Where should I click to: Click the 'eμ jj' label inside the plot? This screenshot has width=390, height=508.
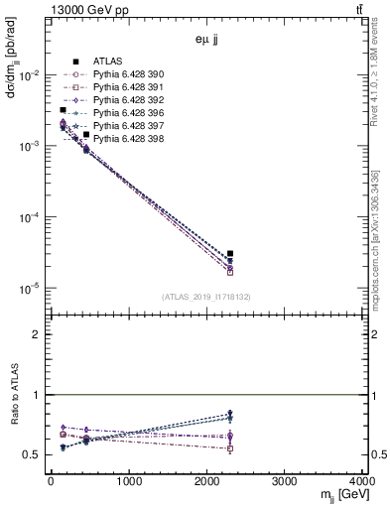coord(206,41)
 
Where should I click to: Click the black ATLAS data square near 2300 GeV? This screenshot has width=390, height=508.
coord(230,254)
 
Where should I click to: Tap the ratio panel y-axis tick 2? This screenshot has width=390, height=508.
coord(40,334)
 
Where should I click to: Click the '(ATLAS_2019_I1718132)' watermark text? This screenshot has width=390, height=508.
coord(206,296)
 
